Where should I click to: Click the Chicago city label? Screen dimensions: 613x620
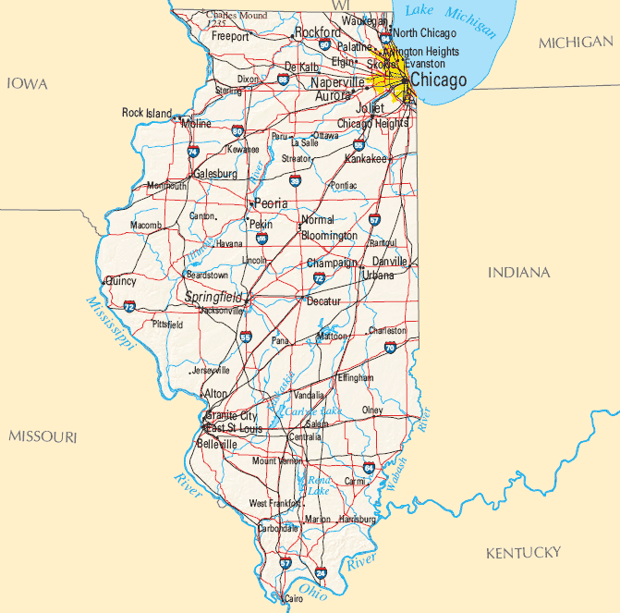coord(439,80)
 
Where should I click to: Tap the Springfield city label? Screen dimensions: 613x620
coord(213,297)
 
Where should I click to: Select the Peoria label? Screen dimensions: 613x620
coord(271,203)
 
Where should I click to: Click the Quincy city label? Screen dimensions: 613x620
coord(121,280)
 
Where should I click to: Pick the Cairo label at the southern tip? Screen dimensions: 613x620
coord(294,599)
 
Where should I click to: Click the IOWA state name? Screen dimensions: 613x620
coord(27,84)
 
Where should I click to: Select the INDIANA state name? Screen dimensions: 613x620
coord(518,273)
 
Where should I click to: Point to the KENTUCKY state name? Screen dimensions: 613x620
coord(523,553)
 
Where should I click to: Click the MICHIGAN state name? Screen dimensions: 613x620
coord(575,43)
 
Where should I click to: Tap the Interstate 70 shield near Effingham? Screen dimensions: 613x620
coord(389,348)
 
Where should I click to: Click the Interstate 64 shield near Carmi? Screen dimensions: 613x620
coord(369,468)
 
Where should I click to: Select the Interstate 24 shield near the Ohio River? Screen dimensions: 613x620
coord(321,573)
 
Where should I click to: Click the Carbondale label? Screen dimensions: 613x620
coord(277,529)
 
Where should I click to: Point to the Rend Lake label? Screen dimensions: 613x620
coord(319,485)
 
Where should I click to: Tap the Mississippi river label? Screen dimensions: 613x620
coord(109,324)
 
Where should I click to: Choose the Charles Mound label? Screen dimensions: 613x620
coord(237,16)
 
